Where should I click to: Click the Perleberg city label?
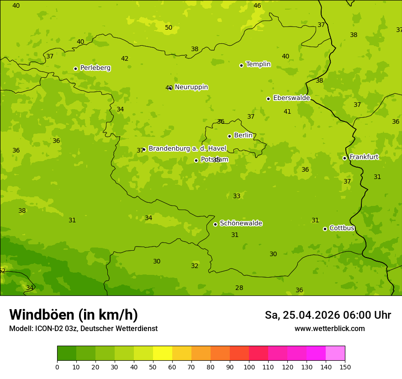(x=95, y=68)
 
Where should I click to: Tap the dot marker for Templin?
(x=241, y=65)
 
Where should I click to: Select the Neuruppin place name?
(x=191, y=87)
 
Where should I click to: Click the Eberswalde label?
(x=291, y=98)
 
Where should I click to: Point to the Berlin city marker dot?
(x=229, y=136)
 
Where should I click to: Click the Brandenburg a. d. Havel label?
(x=187, y=149)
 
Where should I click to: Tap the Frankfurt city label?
(x=364, y=157)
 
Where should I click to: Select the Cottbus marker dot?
(x=325, y=229)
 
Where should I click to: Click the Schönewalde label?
(x=241, y=223)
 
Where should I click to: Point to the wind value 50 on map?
(x=169, y=27)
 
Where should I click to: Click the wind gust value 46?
(x=257, y=5)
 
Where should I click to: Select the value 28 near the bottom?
(x=239, y=288)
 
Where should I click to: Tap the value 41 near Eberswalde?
(x=287, y=111)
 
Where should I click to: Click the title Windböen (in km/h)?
(x=74, y=315)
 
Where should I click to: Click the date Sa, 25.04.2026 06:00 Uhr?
(x=328, y=315)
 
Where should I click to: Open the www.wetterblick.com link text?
(x=329, y=329)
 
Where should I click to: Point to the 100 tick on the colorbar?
(x=249, y=367)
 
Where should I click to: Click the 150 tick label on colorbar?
(x=344, y=367)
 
